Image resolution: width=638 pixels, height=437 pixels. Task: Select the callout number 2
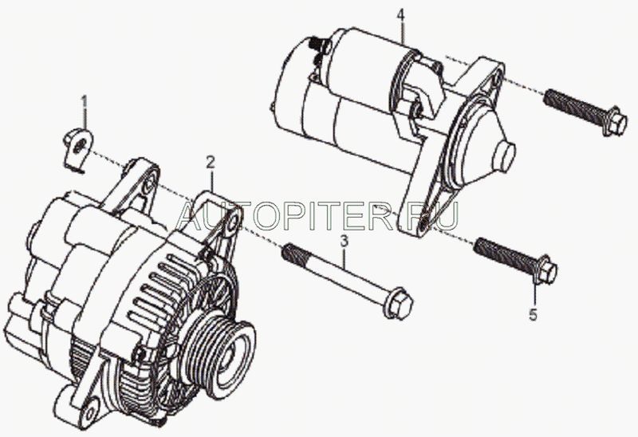pyautogui.click(x=210, y=163)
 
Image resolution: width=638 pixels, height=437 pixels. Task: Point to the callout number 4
pyautogui.click(x=402, y=14)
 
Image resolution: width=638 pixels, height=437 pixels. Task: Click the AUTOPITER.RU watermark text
pyautogui.click(x=318, y=214)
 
